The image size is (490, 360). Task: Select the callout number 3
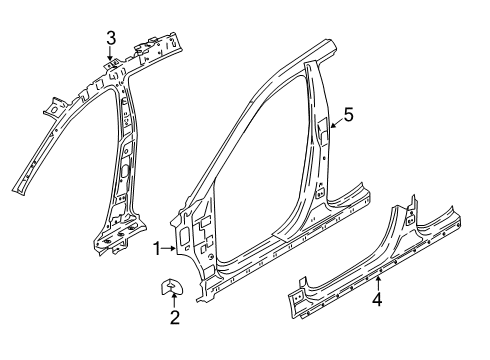click(x=112, y=38)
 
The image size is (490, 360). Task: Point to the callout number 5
click(x=349, y=116)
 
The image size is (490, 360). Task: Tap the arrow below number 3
click(x=112, y=58)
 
